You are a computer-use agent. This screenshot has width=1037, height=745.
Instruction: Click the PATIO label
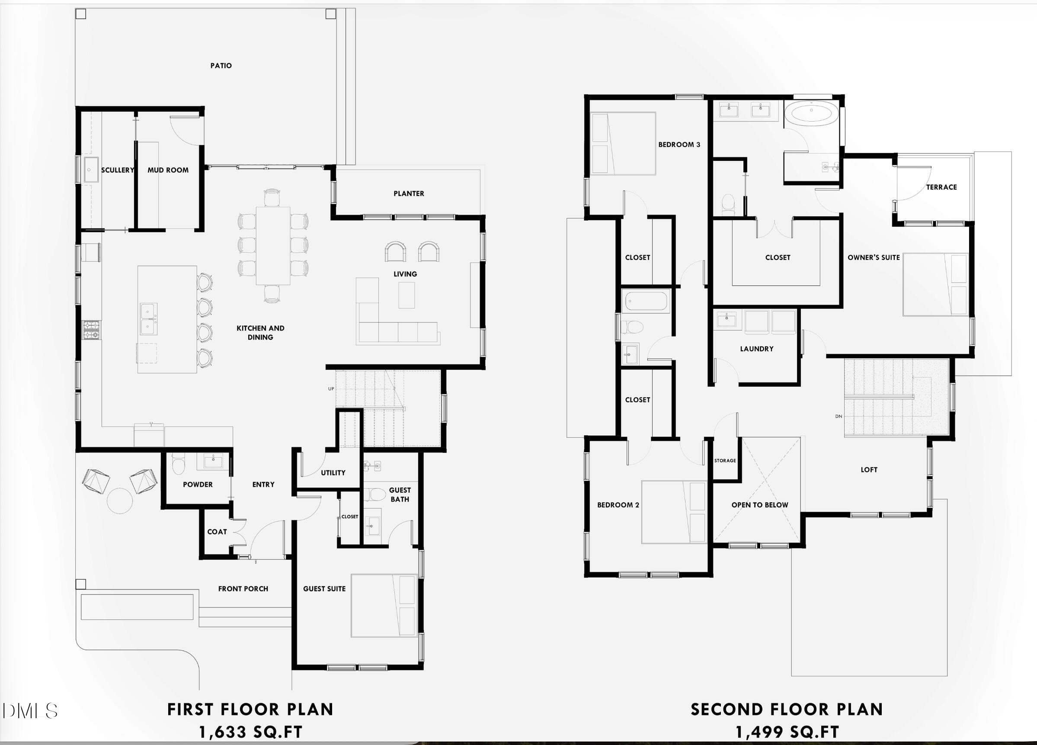tap(221, 66)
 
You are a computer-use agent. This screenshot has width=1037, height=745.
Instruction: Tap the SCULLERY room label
tap(118, 170)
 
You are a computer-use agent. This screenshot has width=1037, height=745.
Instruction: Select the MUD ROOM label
tap(168, 170)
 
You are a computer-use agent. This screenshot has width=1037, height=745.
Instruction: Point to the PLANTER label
tap(409, 193)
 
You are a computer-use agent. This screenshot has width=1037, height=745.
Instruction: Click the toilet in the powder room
tap(178, 464)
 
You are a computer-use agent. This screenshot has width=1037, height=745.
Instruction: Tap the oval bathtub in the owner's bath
tap(812, 113)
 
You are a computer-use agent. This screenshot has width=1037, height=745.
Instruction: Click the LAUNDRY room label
tap(757, 349)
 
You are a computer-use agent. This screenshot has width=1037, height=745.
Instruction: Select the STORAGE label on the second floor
tap(725, 460)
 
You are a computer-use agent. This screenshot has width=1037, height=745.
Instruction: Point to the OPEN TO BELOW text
tap(759, 505)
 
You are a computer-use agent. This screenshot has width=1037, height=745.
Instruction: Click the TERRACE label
tap(941, 187)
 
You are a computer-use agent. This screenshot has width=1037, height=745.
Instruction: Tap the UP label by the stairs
tap(331, 389)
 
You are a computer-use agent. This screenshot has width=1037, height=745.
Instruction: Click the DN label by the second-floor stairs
tap(839, 416)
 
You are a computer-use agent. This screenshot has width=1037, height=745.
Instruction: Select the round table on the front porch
tap(120, 501)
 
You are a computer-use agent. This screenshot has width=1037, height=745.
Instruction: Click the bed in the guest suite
tap(384, 605)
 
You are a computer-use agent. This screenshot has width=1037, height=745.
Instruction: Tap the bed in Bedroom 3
tap(623, 144)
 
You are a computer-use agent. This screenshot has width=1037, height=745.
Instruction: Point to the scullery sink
tap(91, 170)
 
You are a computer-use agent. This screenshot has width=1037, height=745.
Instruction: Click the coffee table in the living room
tap(406, 295)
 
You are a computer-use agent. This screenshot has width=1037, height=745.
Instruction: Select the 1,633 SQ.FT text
tap(250, 732)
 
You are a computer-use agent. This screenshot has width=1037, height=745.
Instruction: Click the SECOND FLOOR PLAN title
tap(787, 710)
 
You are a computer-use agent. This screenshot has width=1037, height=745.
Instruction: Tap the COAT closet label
tap(217, 532)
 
